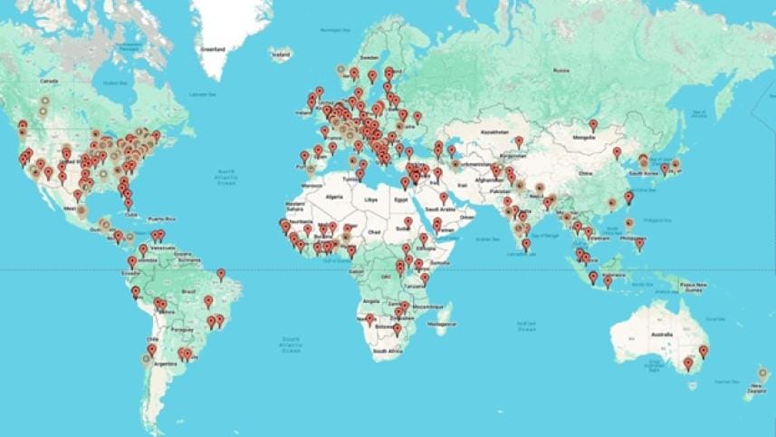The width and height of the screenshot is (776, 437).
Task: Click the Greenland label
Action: point(213,49)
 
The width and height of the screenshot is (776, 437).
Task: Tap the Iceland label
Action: point(282,55)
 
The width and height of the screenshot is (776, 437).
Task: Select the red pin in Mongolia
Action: point(593,125)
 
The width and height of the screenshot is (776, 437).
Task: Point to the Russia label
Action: point(560,70)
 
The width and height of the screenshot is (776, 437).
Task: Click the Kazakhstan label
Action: point(494,131)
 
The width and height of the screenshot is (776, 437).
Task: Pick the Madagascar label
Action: point(441,323)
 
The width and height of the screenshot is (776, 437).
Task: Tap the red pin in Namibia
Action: point(369,319)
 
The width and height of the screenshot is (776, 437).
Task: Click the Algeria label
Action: point(335,196)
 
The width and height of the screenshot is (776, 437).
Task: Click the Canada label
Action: point(51,81)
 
